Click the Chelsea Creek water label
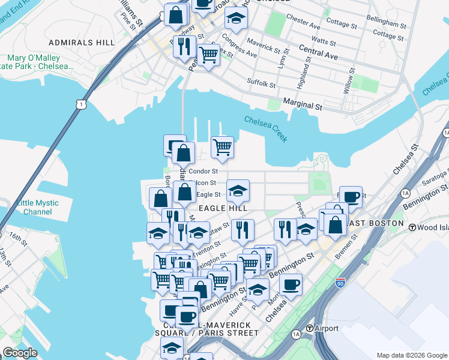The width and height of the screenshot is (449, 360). click(266, 127)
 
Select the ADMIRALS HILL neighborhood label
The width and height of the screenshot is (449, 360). click(80, 43)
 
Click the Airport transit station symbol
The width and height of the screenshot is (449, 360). click(310, 328)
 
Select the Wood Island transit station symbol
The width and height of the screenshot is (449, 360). click(412, 227)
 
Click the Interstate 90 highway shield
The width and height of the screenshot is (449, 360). click(340, 281)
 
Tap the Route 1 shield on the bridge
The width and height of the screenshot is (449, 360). click(80, 104)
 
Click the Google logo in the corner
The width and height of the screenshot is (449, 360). click(20, 353)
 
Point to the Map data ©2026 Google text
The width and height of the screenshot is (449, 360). click(412, 355)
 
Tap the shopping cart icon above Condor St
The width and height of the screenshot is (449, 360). click(222, 146)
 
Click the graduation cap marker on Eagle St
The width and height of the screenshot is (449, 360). click(238, 191)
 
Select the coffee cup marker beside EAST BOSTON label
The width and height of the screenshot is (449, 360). click(352, 196)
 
